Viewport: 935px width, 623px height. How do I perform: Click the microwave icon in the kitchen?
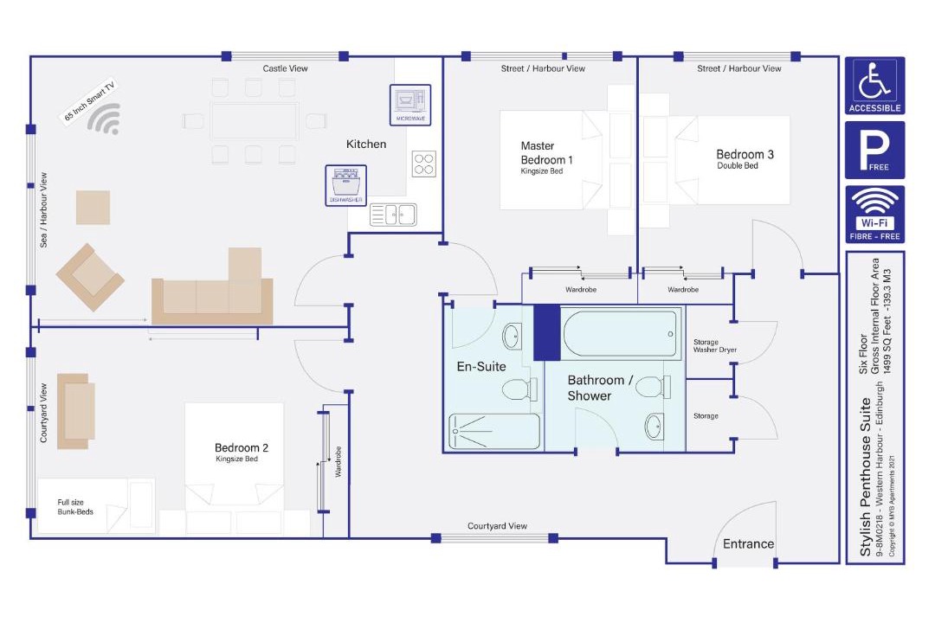(x=410, y=105)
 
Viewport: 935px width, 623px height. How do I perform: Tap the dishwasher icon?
(x=345, y=185)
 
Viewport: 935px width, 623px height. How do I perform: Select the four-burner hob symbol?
(x=424, y=164)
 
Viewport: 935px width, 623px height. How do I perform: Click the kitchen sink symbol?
(x=393, y=215)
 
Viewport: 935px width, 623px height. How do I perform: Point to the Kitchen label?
(x=366, y=145)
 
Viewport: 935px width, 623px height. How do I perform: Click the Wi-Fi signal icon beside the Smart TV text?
(x=105, y=119)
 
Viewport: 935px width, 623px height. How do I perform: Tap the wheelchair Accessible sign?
(x=874, y=86)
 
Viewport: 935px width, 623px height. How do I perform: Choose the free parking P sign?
(x=874, y=151)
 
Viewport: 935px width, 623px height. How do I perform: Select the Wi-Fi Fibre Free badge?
(x=874, y=215)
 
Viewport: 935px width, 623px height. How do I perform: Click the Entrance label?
(x=748, y=543)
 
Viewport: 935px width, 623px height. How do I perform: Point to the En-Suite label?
(x=481, y=367)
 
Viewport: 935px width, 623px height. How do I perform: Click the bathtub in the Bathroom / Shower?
(x=621, y=334)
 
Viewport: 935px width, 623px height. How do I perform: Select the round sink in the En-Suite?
(x=513, y=337)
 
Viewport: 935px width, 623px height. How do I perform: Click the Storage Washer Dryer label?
(x=715, y=346)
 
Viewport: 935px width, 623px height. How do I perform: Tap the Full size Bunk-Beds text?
(x=75, y=507)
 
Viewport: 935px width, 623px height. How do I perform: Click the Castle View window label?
(x=285, y=68)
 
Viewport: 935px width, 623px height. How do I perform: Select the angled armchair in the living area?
(x=90, y=277)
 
